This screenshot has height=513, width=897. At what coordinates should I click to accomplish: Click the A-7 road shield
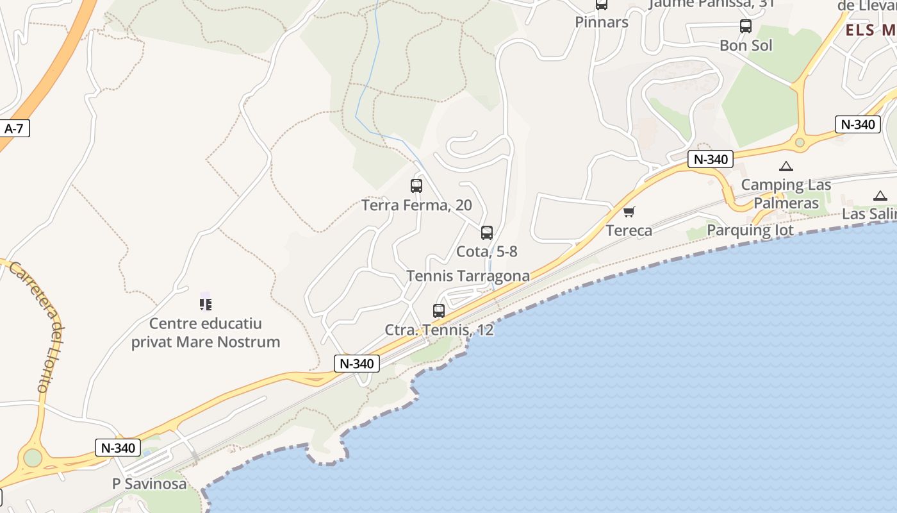pyautogui.click(x=13, y=128)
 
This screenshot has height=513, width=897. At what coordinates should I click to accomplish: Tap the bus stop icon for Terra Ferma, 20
pyautogui.click(x=416, y=186)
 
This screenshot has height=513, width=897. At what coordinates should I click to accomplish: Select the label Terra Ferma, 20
pyautogui.click(x=416, y=205)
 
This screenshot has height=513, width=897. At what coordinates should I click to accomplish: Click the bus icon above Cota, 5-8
pyautogui.click(x=487, y=233)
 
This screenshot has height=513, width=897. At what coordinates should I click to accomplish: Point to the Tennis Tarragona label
pyautogui.click(x=468, y=276)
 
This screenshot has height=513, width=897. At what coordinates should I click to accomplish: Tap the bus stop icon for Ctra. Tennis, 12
pyautogui.click(x=439, y=311)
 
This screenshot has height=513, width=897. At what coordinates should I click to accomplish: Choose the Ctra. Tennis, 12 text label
pyautogui.click(x=439, y=330)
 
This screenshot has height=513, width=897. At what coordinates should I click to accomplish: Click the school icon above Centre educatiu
pyautogui.click(x=206, y=304)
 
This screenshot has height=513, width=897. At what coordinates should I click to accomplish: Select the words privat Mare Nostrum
pyautogui.click(x=206, y=342)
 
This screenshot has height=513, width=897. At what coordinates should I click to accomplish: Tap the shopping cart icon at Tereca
pyautogui.click(x=629, y=212)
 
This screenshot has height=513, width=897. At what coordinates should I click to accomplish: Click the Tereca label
pyautogui.click(x=629, y=231)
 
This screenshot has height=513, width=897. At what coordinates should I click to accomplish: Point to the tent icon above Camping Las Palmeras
pyautogui.click(x=786, y=167)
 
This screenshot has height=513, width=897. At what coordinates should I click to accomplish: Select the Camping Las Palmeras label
pyautogui.click(x=786, y=194)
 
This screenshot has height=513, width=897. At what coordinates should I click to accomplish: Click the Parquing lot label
pyautogui.click(x=750, y=230)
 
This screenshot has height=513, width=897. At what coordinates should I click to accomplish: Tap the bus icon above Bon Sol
pyautogui.click(x=746, y=26)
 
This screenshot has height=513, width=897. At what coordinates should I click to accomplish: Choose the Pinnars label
pyautogui.click(x=602, y=22)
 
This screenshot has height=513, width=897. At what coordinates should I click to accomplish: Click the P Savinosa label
pyautogui.click(x=149, y=484)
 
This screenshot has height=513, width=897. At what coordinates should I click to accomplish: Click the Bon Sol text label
pyautogui.click(x=746, y=46)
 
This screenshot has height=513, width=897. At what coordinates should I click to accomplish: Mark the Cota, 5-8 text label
pyautogui.click(x=487, y=251)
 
